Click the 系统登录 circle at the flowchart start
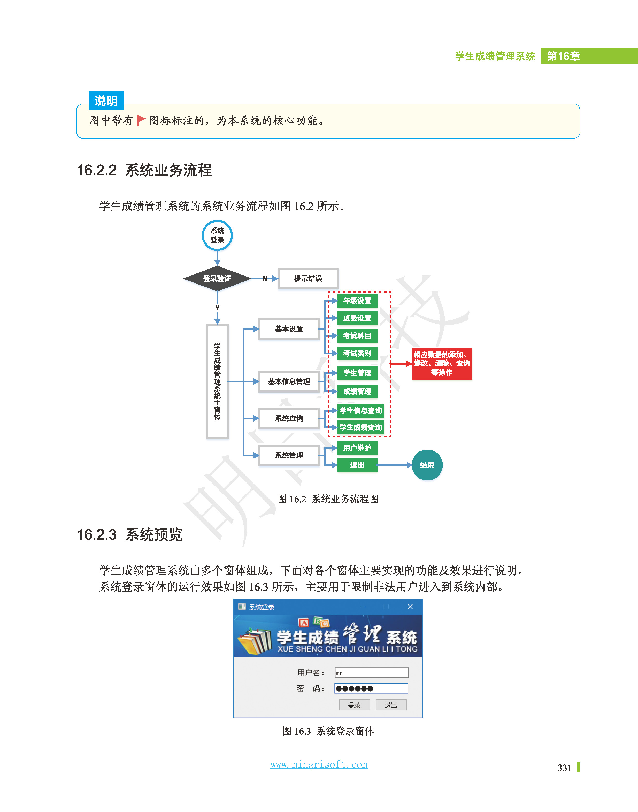(217, 235)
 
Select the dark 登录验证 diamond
(217, 278)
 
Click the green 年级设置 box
(357, 301)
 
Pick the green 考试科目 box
(357, 336)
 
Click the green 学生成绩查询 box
(360, 427)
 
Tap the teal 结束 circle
(427, 465)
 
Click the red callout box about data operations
(442, 363)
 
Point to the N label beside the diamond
(265, 279)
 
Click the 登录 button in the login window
(354, 705)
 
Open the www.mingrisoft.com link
(319, 764)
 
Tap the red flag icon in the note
(141, 120)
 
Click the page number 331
(564, 768)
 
